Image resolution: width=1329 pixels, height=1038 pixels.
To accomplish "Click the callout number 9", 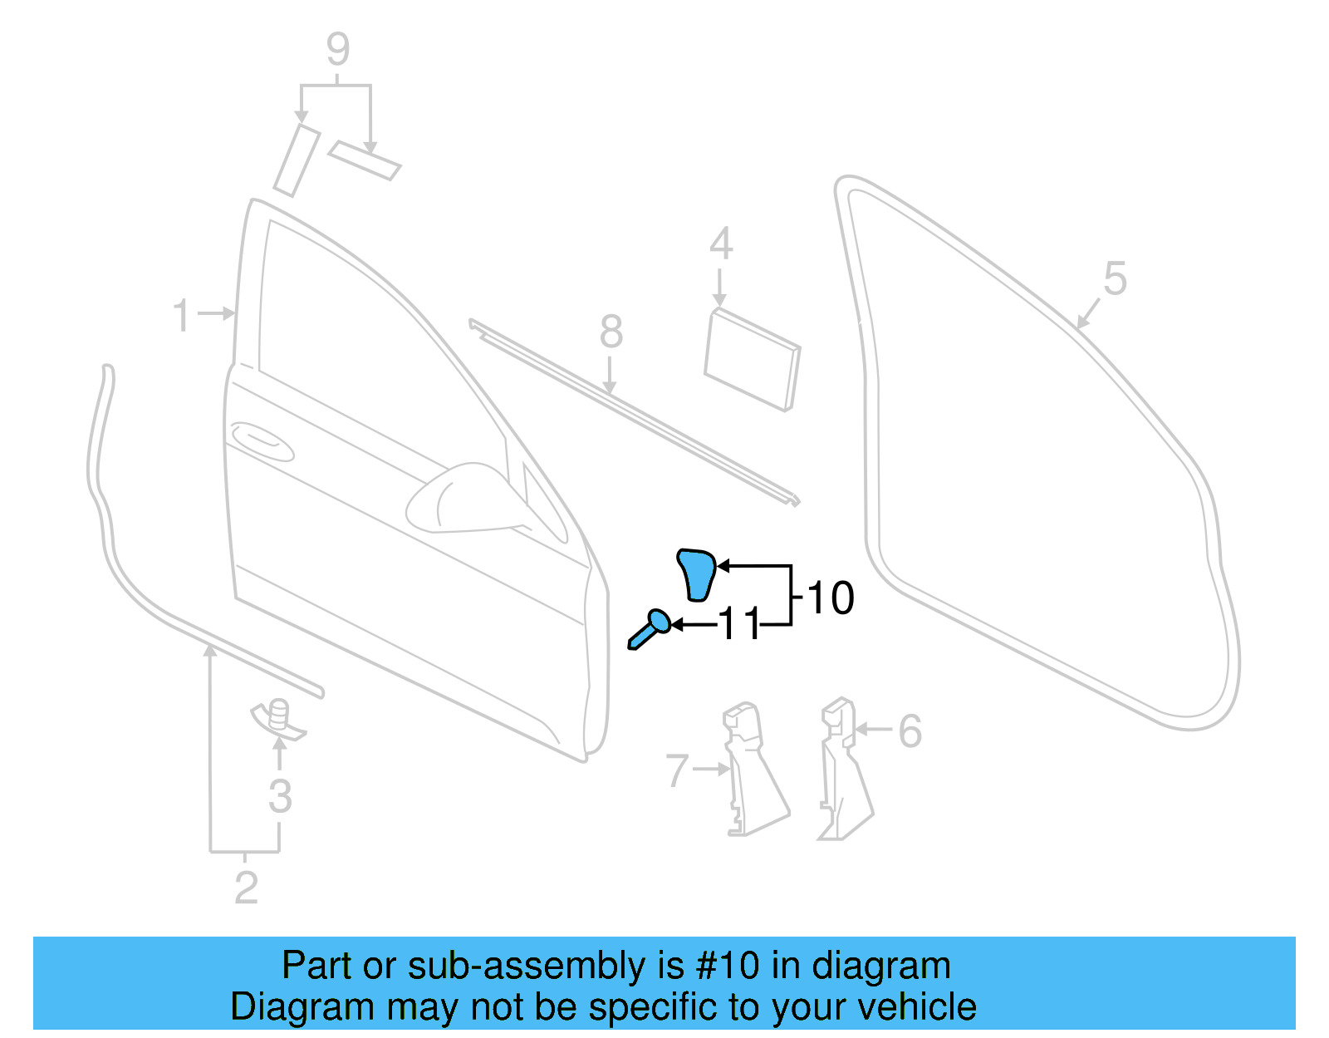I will click(338, 50).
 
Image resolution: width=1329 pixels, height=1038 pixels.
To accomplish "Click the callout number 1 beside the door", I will click(181, 317).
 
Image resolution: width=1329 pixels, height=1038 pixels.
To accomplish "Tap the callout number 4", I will click(721, 244).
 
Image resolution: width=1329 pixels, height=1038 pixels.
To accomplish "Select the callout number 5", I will click(1115, 279).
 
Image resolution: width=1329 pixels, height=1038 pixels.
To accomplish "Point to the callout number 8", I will click(611, 332).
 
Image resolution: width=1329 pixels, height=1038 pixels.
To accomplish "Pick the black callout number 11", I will click(738, 624).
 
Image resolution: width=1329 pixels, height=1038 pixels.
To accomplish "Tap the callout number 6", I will click(910, 731).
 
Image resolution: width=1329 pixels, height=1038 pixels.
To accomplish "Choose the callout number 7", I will click(677, 771).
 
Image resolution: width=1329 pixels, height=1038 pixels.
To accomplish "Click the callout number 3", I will click(280, 796).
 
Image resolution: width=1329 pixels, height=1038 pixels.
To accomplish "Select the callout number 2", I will click(246, 888).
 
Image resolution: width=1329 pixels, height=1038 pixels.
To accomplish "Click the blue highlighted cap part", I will click(697, 573).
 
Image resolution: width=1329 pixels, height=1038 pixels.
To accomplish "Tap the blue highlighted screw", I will click(650, 628).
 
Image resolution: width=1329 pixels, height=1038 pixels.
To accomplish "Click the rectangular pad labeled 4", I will click(752, 359).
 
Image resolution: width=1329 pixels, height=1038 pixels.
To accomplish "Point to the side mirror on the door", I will click(465, 499).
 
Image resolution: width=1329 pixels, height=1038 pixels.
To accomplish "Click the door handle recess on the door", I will click(262, 440).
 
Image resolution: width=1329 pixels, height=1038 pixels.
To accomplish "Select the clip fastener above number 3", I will click(280, 716).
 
